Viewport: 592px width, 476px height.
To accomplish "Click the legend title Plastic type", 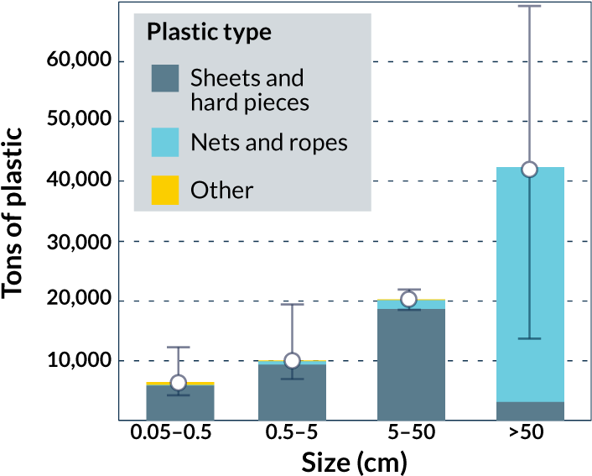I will click(209, 32).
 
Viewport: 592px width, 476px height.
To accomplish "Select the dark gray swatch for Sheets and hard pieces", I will click(164, 78).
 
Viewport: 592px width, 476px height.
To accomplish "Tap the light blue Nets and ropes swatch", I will click(164, 142).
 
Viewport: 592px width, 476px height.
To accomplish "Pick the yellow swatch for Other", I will click(164, 190).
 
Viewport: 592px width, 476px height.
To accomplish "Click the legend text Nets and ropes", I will click(268, 142).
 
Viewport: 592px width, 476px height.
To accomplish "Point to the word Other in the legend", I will click(221, 190).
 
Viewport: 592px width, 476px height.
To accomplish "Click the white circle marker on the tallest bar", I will click(529, 170).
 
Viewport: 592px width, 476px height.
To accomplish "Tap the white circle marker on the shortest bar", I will click(178, 383).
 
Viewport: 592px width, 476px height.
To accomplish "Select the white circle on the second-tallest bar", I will click(408, 299).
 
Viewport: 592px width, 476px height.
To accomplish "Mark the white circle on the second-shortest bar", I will click(292, 360).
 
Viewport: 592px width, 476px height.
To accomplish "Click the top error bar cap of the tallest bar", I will click(529, 6).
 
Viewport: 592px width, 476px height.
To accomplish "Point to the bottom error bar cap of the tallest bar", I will click(529, 338).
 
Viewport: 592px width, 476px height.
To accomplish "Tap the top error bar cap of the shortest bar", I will click(178, 347).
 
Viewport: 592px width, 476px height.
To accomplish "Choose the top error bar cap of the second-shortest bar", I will click(292, 304).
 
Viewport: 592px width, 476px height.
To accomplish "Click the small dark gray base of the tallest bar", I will click(529, 411).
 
